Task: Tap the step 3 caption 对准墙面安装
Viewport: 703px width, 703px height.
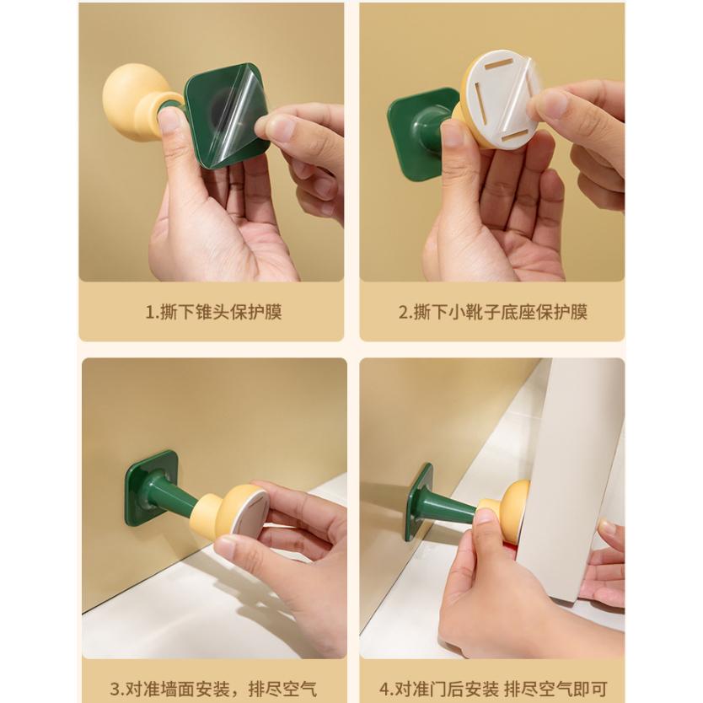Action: tap(178, 688)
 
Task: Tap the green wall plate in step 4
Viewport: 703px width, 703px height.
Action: tap(418, 502)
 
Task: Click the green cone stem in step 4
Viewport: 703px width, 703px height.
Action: tap(451, 507)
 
